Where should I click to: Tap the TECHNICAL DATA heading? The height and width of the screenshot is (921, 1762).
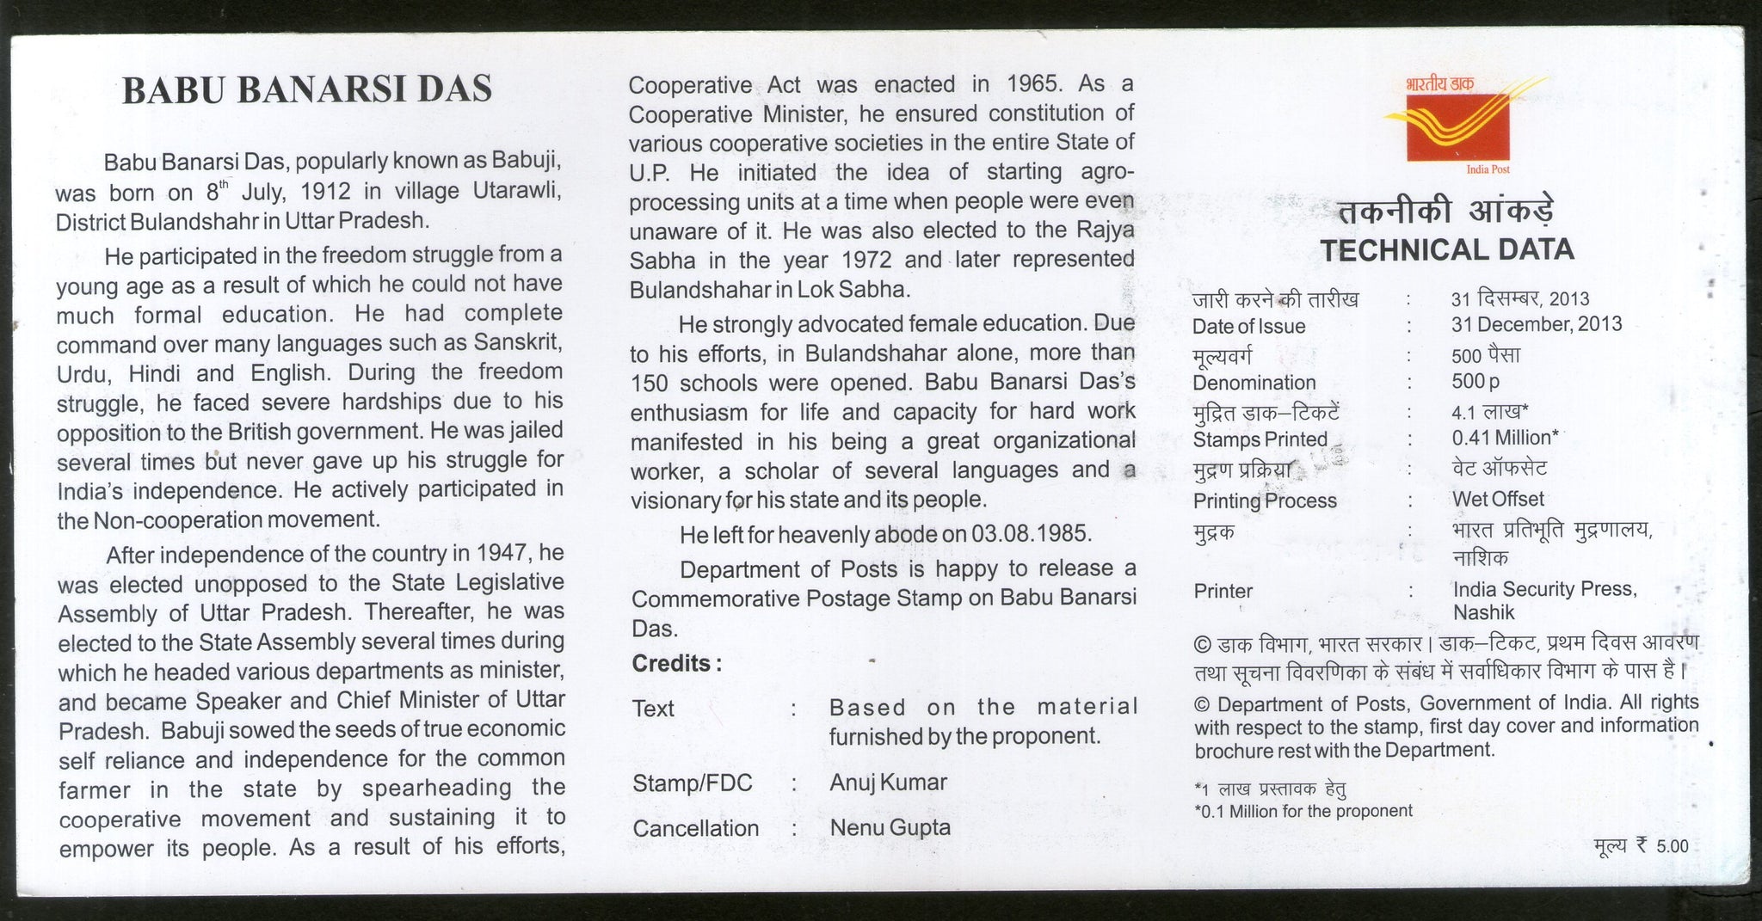tap(1447, 250)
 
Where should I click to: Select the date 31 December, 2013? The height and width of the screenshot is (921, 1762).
tap(1537, 324)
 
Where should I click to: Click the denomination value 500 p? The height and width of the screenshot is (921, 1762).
tap(1476, 381)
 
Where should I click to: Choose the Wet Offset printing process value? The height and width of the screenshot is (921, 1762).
tap(1498, 499)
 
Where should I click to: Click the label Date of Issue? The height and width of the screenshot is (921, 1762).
tap(1248, 327)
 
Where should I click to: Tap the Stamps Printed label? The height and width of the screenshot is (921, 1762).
tap(1260, 439)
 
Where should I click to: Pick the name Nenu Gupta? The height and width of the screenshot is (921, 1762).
tap(890, 828)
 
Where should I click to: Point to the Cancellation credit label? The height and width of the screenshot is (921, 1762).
tap(696, 829)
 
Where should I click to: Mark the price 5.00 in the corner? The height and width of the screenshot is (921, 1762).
tap(1673, 847)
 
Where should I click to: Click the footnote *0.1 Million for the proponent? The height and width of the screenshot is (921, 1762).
tap(1303, 811)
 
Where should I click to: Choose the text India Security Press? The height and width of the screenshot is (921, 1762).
tap(1544, 589)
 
